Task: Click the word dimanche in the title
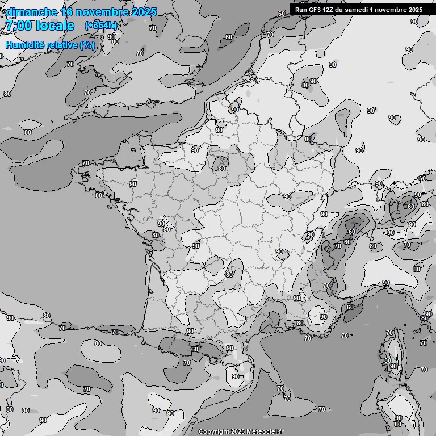[x=31, y=12]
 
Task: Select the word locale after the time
[x=55, y=26]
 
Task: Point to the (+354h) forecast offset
[x=101, y=25]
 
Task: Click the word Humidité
[x=24, y=45]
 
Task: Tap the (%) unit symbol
[x=87, y=45]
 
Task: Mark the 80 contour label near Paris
[x=222, y=169]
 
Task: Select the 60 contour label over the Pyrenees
[x=195, y=349]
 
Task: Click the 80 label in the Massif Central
[x=229, y=275]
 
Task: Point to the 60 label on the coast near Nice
[x=350, y=307]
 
